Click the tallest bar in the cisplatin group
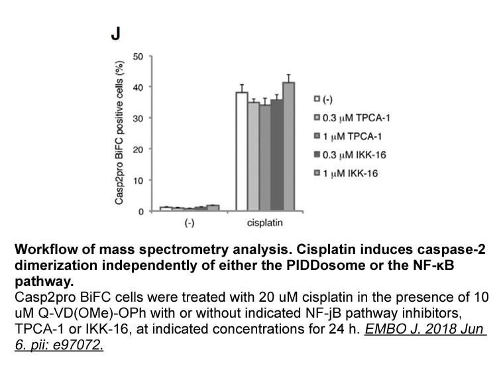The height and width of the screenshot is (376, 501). (x=288, y=147)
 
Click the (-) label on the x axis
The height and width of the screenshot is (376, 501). (x=189, y=223)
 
